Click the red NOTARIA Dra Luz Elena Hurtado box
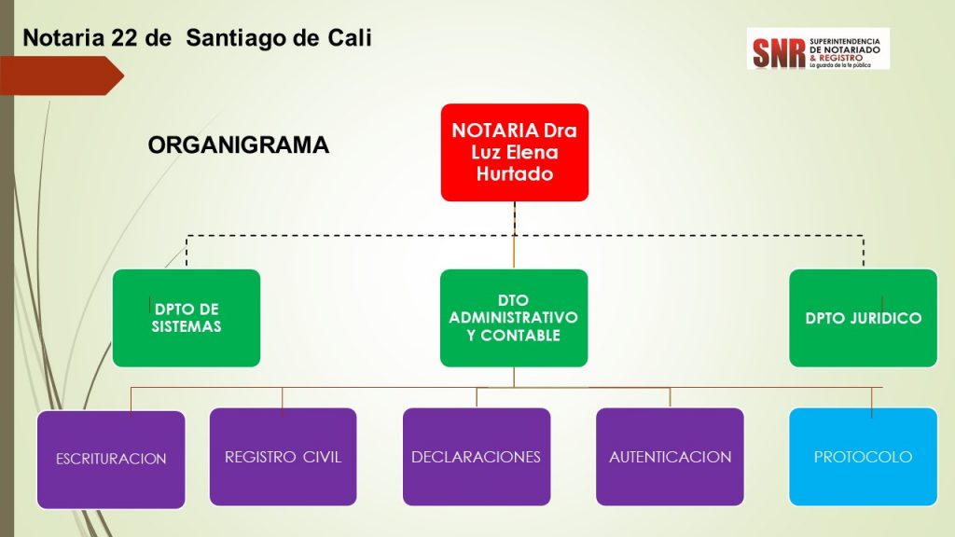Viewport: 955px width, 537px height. point(514,152)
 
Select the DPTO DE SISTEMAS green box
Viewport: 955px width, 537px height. point(186,318)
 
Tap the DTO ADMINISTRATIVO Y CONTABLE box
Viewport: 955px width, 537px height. point(514,318)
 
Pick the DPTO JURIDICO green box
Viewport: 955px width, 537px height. point(863,318)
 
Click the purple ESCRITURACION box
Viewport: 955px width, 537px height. point(111,459)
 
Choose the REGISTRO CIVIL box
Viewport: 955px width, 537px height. point(283,457)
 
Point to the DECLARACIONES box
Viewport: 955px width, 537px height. point(477,457)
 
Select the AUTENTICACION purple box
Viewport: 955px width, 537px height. point(670,457)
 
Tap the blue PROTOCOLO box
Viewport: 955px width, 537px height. point(863,457)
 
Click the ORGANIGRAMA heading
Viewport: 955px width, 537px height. point(239,145)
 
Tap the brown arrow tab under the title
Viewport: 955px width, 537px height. point(65,75)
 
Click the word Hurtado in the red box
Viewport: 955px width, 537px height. point(514,173)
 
